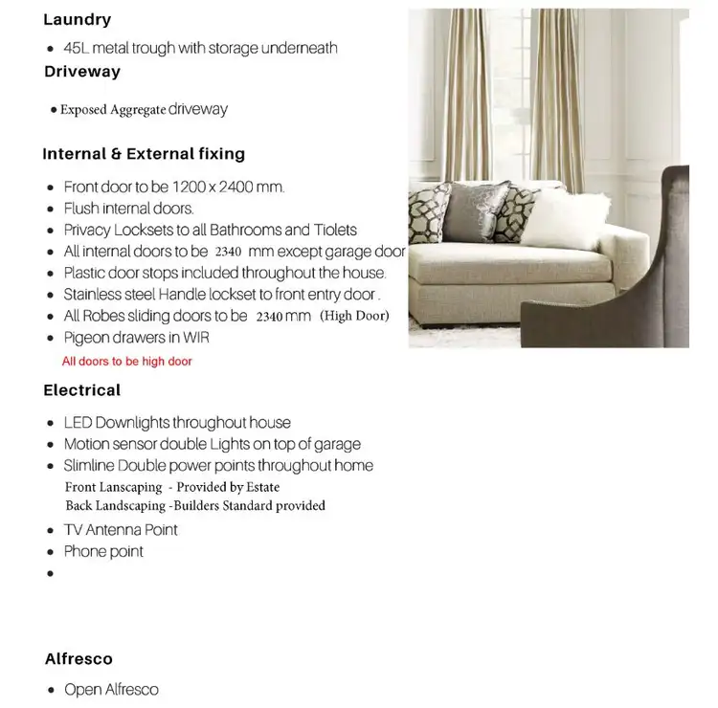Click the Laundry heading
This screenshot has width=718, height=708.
click(78, 19)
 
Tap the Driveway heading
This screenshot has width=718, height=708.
click(82, 72)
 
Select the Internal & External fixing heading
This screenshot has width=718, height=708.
click(144, 154)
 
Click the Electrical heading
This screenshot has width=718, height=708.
click(81, 390)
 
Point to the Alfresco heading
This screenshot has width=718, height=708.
click(79, 659)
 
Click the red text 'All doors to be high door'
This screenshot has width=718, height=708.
click(126, 362)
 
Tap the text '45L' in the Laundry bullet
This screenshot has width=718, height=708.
click(76, 48)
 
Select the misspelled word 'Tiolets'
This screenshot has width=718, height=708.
click(335, 231)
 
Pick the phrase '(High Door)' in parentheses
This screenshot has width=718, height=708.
click(354, 316)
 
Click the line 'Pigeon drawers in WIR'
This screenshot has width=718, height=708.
click(136, 338)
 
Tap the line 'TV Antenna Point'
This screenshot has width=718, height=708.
click(121, 530)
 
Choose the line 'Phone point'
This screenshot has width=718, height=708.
click(103, 552)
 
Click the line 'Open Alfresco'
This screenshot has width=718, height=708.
click(111, 690)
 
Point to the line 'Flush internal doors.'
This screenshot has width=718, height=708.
click(128, 209)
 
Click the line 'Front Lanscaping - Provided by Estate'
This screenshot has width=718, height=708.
click(172, 487)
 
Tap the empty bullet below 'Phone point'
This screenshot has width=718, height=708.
click(50, 574)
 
